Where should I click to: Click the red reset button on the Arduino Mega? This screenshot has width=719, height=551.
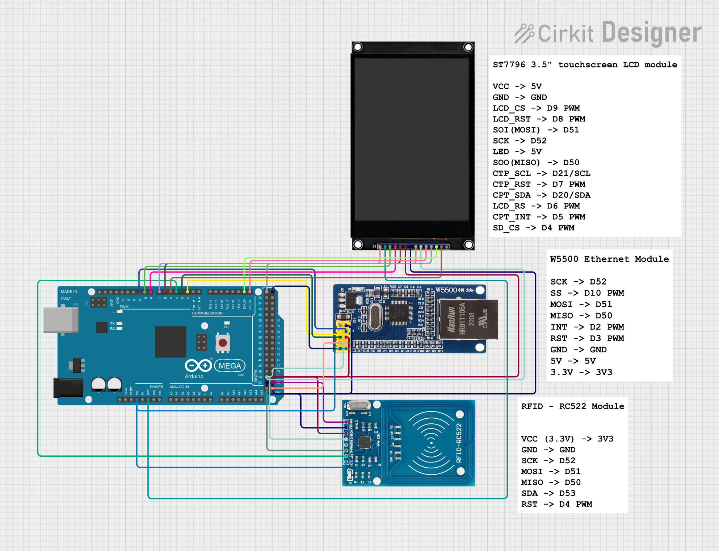point(223,343)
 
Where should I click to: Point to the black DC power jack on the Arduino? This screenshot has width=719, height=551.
point(68,388)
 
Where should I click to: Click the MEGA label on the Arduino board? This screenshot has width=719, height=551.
point(230,366)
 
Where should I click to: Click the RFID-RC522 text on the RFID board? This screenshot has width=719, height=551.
point(459,443)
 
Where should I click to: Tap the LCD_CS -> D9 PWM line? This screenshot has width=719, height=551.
point(536,108)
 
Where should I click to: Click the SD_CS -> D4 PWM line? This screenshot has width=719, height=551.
point(533,228)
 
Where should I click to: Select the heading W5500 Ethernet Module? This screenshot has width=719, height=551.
point(609,259)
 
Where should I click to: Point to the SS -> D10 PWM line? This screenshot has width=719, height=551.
point(587,293)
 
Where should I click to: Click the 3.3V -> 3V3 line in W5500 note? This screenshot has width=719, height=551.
point(581,372)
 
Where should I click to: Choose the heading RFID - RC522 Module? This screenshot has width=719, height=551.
point(572,406)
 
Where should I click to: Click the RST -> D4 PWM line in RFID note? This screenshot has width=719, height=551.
point(556,504)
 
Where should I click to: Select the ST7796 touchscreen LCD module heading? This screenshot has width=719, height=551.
point(585,65)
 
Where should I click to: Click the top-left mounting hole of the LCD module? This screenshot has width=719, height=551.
point(357,47)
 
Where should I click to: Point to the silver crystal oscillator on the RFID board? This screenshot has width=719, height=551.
point(359,405)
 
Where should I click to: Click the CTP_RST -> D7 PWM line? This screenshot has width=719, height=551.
point(539,184)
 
